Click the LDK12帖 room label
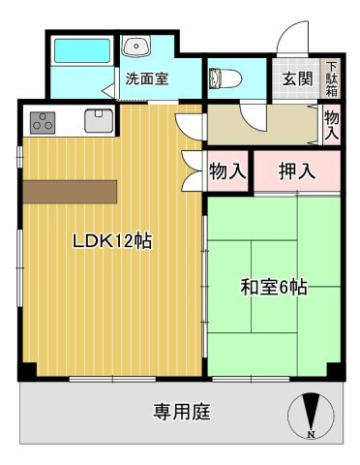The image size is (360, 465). coord(112,241)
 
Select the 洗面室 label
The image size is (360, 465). coord(147,79)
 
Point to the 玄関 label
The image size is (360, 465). coord(297,79)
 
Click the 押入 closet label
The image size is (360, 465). coord(296,172)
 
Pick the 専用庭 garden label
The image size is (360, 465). coord(182,412)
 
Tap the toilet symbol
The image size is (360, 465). coord(221,77)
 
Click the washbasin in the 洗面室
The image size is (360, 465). coord(136,45)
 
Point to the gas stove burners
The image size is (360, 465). coord(42,122)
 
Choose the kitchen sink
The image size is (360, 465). coord(100,121)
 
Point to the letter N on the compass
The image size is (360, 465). coord(310,435)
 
